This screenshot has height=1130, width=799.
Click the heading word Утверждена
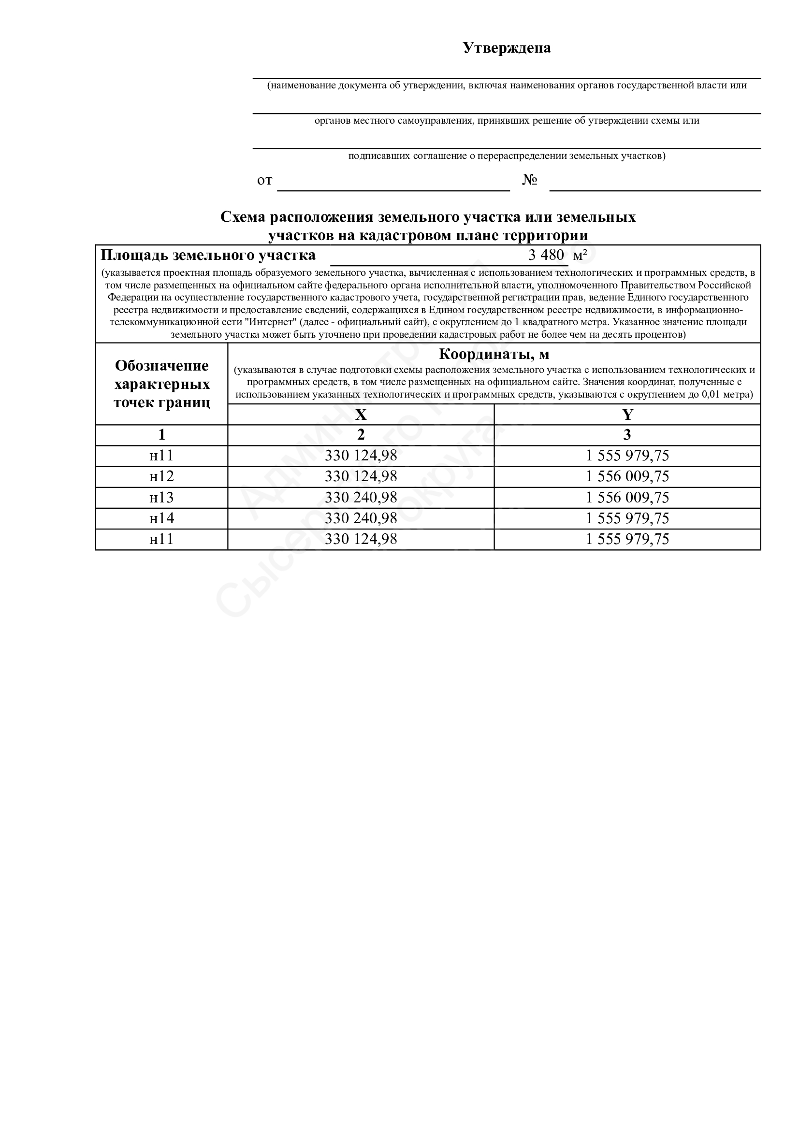[507, 48]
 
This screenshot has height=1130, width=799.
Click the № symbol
[529, 180]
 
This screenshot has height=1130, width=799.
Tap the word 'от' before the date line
[264, 181]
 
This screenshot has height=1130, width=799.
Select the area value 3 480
[545, 255]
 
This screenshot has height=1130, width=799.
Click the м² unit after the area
[580, 256]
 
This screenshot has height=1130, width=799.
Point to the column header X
[361, 415]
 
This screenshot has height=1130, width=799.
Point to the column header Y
[627, 415]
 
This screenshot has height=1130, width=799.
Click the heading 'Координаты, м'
[494, 354]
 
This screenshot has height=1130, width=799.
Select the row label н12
[161, 476]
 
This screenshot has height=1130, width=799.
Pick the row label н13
[161, 498]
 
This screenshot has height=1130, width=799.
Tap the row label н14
[161, 518]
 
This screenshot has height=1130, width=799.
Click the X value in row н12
[361, 476]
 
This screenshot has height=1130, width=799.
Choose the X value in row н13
[361, 498]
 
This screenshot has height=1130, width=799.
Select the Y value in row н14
[627, 518]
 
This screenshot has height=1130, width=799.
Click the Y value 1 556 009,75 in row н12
[627, 476]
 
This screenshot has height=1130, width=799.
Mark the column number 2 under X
[361, 435]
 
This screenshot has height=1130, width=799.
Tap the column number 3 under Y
[627, 435]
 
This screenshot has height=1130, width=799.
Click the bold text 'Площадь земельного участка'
[208, 256]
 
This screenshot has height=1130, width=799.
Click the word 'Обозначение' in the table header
[161, 366]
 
